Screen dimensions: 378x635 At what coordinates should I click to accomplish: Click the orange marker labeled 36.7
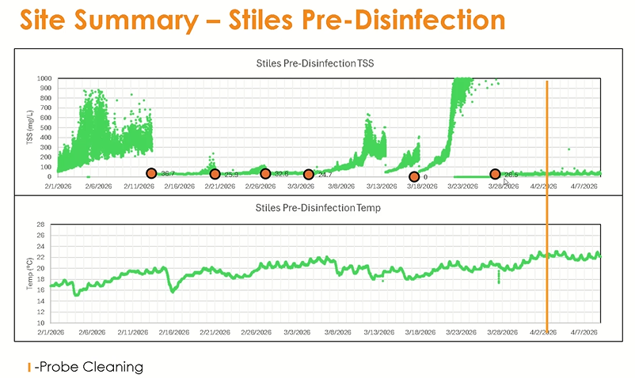point(151,173)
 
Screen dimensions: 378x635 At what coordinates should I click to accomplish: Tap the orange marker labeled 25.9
point(215,174)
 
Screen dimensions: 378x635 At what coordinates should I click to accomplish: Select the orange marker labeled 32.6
point(265,174)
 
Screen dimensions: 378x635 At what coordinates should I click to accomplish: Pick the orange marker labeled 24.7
point(309,175)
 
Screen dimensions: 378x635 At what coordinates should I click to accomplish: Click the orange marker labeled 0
point(413,177)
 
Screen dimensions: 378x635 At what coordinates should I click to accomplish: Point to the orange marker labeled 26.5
point(495,174)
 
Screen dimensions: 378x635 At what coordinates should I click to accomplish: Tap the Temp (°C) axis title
point(30,274)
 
